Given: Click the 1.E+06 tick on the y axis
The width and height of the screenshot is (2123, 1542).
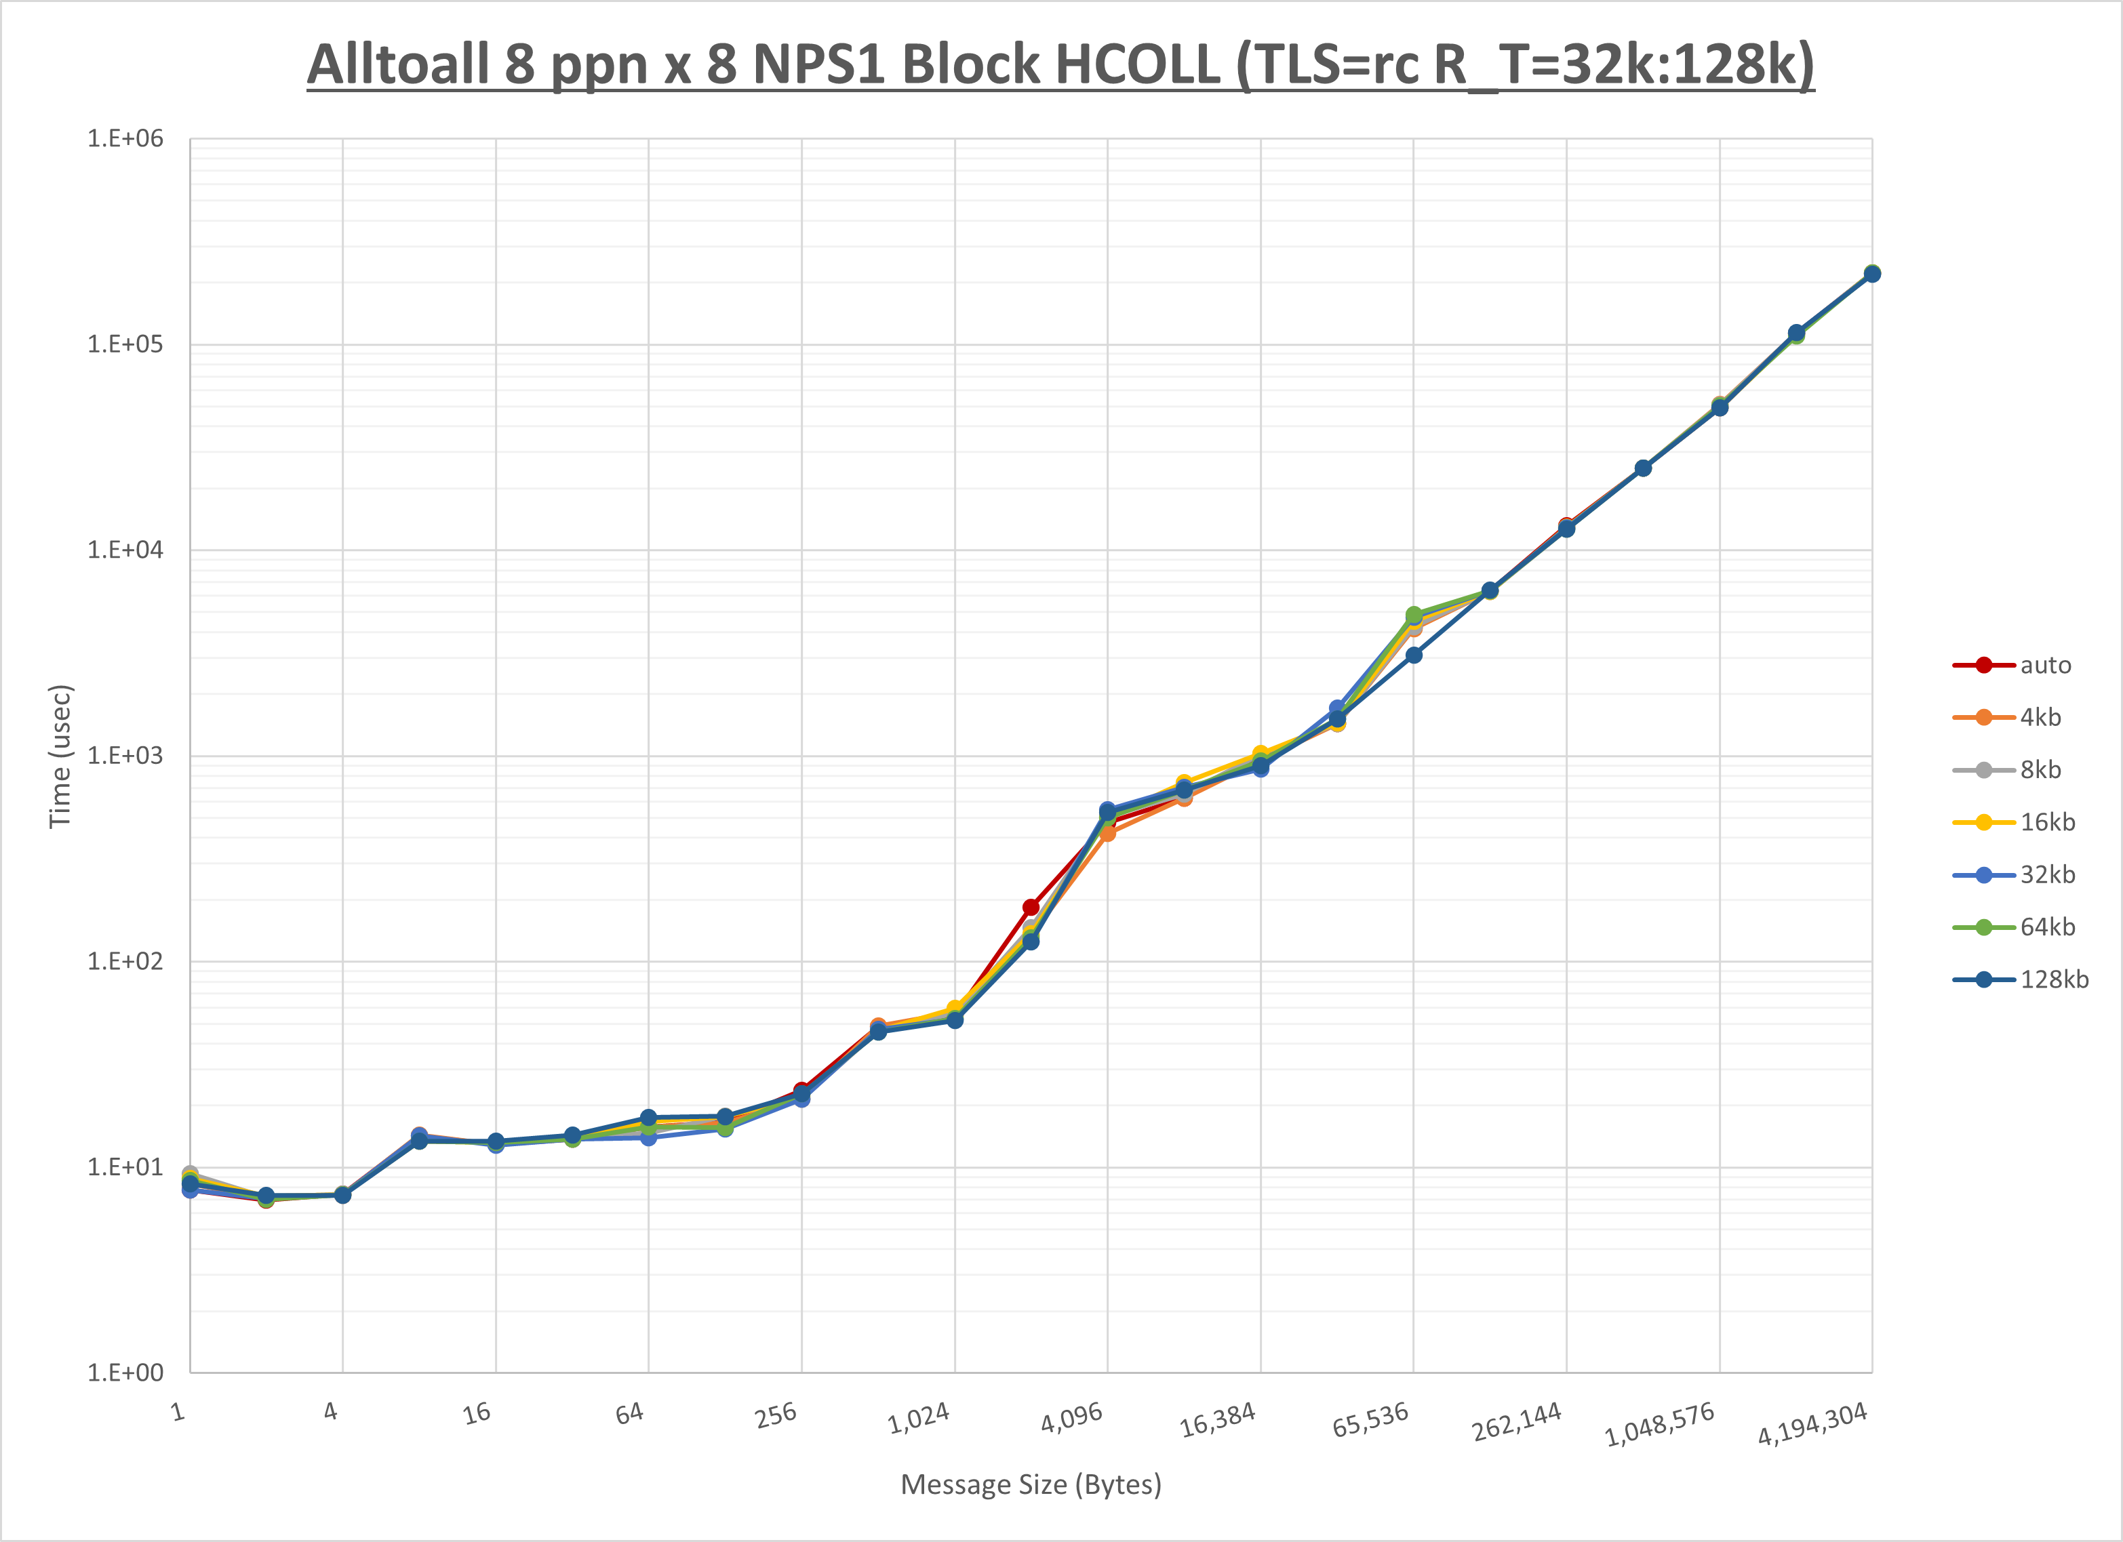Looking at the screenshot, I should (x=125, y=138).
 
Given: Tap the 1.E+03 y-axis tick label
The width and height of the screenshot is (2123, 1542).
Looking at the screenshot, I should (x=125, y=755).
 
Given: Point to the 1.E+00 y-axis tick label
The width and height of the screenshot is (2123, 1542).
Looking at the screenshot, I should (x=125, y=1373).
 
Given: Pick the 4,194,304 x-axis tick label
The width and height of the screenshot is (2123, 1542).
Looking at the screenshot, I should (x=1812, y=1424).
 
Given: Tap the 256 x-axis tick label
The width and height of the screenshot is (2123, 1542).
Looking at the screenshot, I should (x=776, y=1415).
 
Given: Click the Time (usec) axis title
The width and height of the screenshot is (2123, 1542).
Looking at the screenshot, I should (x=60, y=756).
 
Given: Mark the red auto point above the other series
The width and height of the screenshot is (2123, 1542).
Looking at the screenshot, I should (x=1031, y=908).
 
